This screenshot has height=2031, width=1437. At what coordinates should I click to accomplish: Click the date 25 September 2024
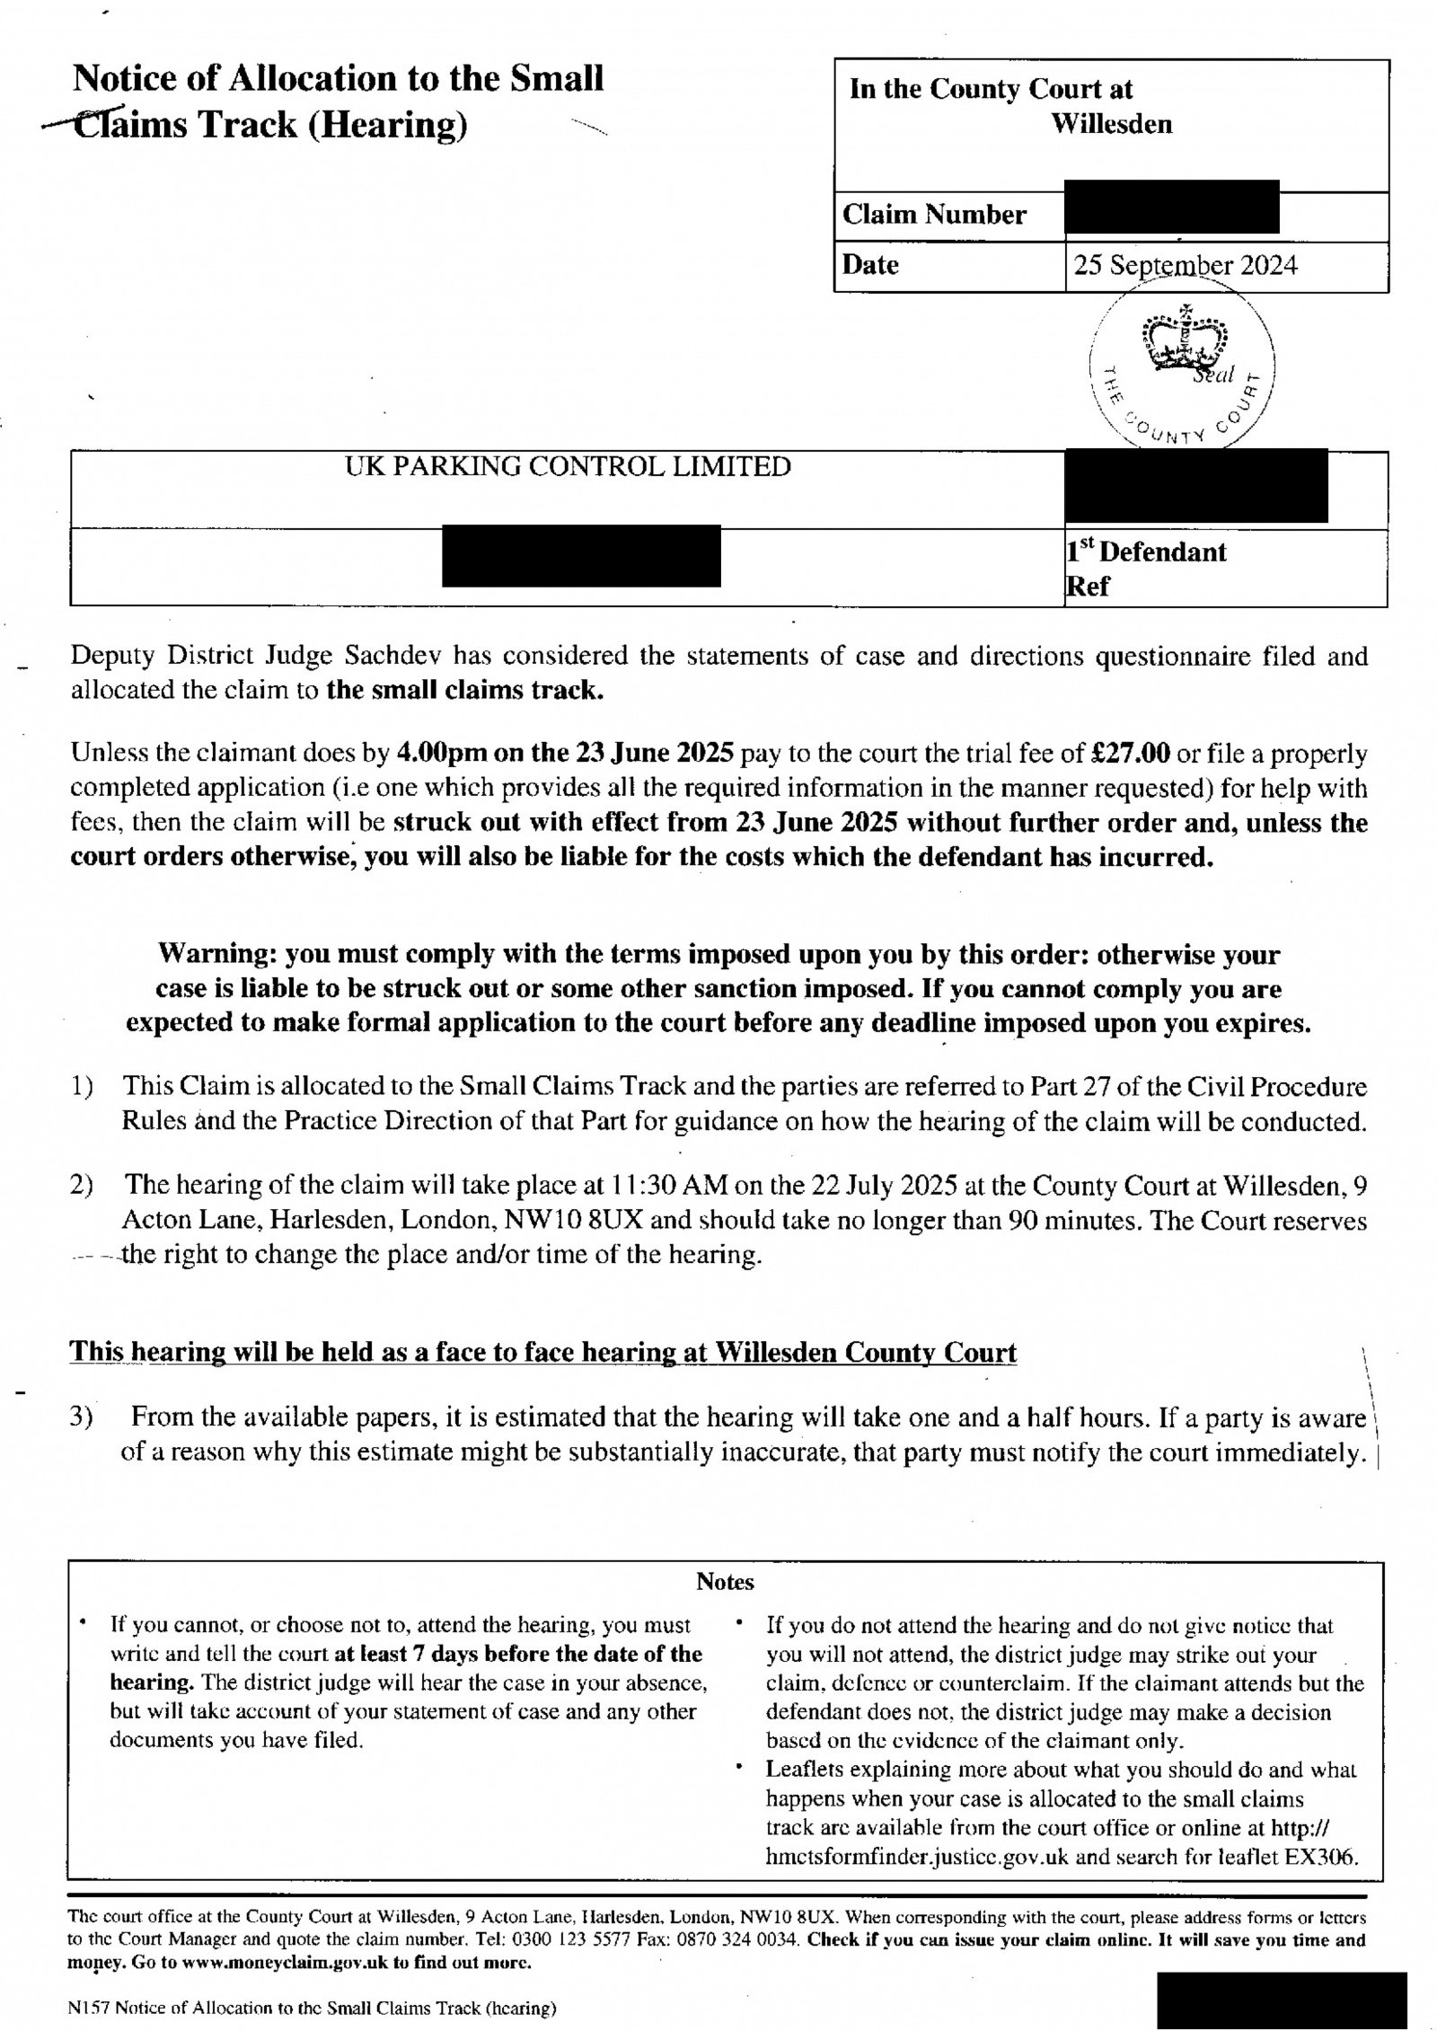(x=1185, y=266)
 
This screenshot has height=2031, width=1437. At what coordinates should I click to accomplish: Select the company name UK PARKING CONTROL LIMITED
(x=568, y=467)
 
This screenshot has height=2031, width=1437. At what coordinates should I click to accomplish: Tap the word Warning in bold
(x=211, y=954)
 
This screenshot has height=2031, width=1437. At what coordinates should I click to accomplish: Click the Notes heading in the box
(x=725, y=1582)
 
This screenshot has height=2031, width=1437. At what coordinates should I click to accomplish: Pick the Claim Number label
(x=934, y=216)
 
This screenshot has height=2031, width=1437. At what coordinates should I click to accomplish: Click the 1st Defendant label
(x=1146, y=552)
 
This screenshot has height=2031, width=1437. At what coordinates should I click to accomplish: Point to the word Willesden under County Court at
(x=1112, y=124)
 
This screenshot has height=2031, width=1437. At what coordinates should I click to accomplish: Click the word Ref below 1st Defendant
(x=1088, y=587)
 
